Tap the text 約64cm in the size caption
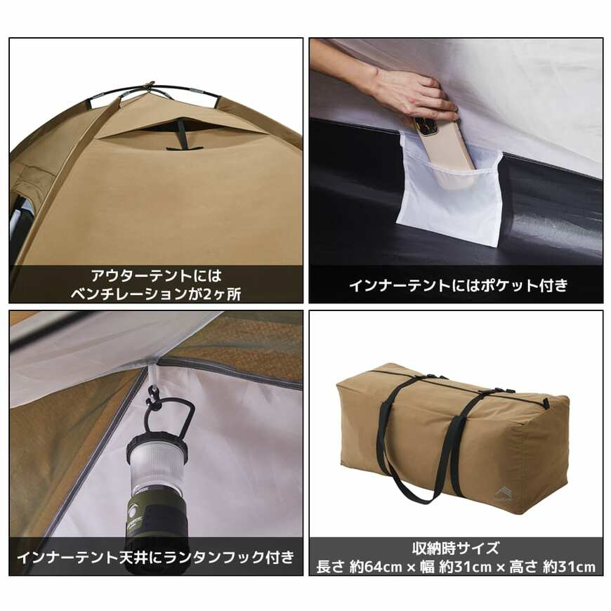coord(376,567)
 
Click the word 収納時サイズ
coord(456,548)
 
